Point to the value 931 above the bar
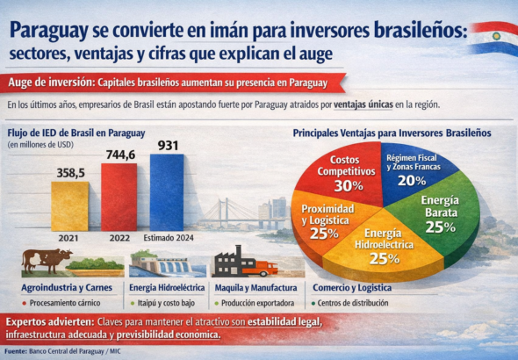(x=169, y=145)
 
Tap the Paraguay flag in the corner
(x=493, y=36)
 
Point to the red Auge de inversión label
(x=51, y=84)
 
